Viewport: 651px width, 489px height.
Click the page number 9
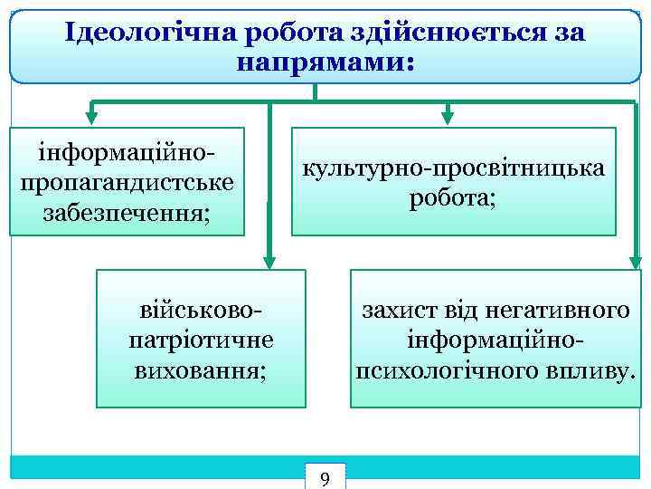point(325,478)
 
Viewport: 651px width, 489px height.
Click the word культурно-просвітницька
point(454,169)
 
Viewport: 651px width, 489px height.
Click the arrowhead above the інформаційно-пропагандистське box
point(91,116)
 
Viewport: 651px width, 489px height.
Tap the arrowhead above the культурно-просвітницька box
point(447,116)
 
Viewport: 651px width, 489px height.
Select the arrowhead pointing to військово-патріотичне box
point(269,261)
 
